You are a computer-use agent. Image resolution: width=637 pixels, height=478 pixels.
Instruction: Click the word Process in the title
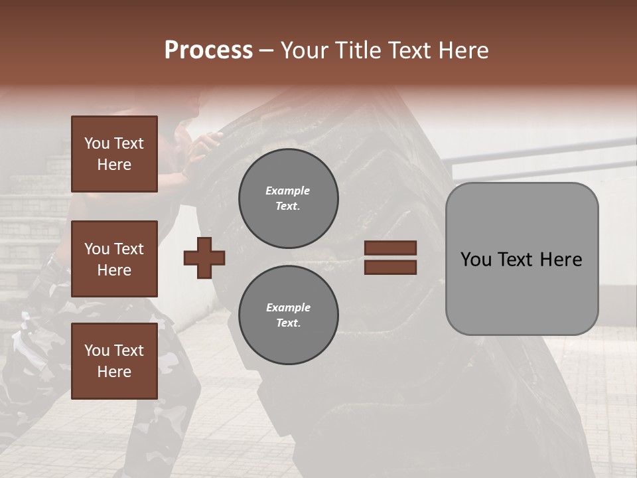point(208,50)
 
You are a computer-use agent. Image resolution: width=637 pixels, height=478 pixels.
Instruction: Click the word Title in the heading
point(356,50)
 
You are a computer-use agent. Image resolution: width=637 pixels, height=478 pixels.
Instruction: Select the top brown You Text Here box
point(114,154)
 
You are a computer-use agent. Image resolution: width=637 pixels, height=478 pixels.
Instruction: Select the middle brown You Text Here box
point(114,259)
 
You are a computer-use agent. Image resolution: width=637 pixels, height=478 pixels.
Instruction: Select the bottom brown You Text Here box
point(114,361)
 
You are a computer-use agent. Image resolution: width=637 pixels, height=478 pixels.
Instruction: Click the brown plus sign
point(204,258)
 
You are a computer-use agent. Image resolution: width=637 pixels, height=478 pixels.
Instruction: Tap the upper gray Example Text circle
point(288,199)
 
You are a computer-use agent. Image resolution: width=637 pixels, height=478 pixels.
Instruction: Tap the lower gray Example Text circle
point(288,315)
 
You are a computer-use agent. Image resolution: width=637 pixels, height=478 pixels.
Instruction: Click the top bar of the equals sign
point(390,248)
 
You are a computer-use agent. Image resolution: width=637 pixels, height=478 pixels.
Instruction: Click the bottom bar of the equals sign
point(390,268)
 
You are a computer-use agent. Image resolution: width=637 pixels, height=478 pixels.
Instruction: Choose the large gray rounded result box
point(522,259)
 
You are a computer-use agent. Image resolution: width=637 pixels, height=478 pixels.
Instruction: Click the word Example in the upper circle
point(288,191)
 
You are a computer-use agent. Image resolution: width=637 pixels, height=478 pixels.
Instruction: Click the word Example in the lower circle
point(288,307)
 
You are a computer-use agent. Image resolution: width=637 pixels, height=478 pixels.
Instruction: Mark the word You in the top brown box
point(97,143)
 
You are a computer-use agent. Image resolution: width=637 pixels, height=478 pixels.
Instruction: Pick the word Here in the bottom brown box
point(114,372)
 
